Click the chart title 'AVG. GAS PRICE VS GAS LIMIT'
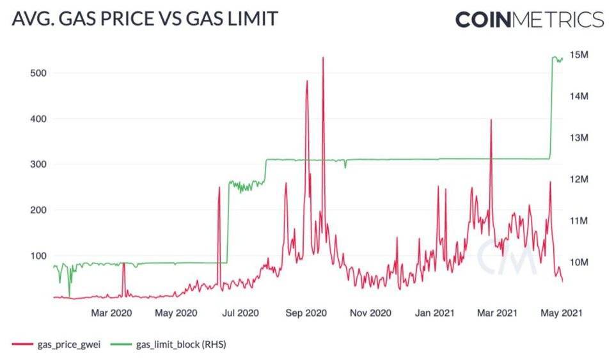pyautogui.click(x=145, y=19)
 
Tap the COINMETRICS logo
pyautogui.click(x=529, y=20)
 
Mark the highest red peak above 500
pyautogui.click(x=323, y=58)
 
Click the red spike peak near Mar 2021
pyautogui.click(x=491, y=120)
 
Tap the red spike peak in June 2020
pyautogui.click(x=219, y=188)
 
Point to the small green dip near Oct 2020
pyautogui.click(x=345, y=167)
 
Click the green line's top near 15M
pyautogui.click(x=554, y=58)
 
